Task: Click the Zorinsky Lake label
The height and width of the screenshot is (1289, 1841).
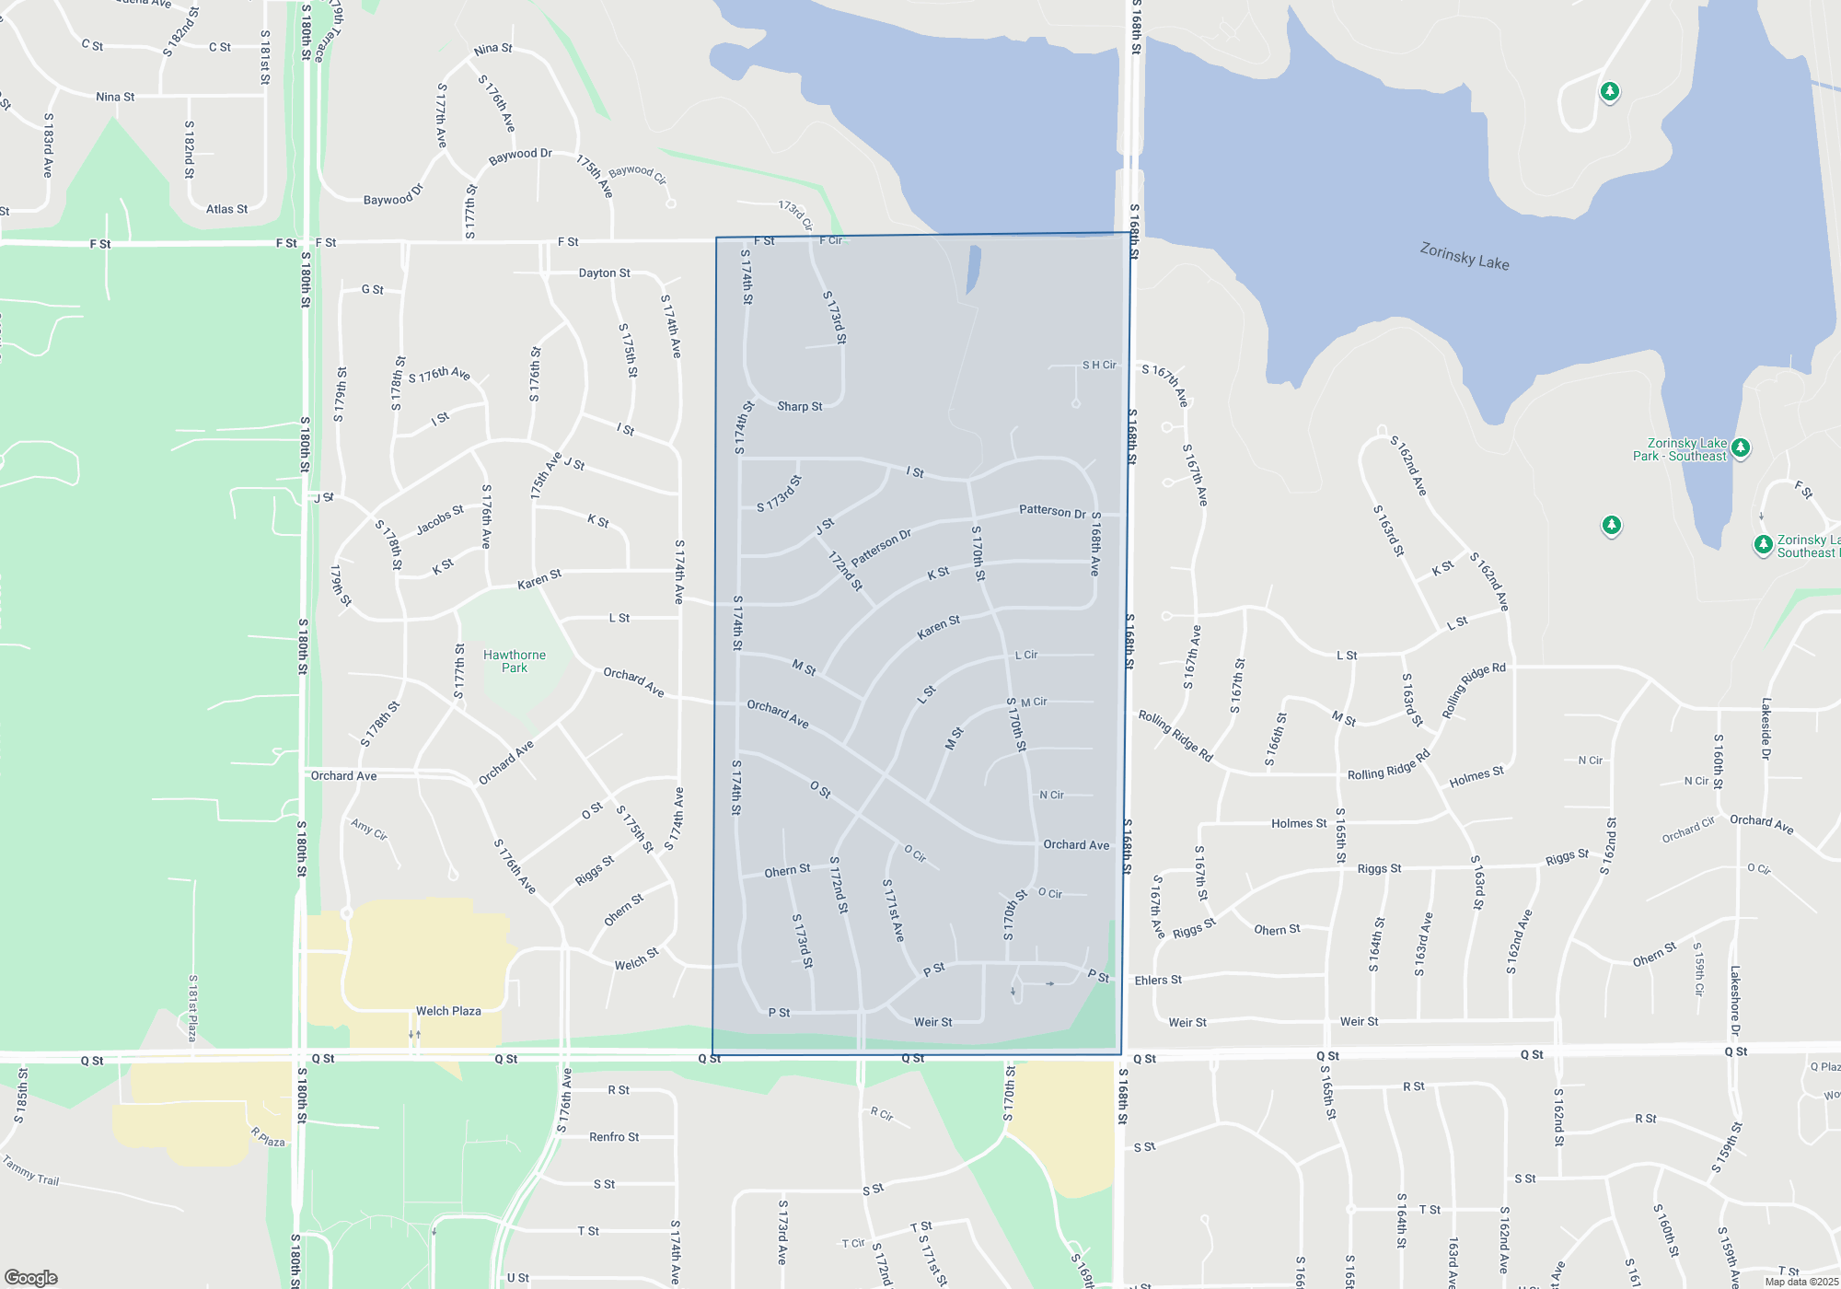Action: point(1464,256)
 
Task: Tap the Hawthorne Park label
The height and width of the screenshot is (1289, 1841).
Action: point(515,661)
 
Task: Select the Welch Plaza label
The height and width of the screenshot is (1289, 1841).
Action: point(448,1011)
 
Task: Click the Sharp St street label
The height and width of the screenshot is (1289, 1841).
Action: point(799,406)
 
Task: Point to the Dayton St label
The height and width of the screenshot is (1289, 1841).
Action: point(604,273)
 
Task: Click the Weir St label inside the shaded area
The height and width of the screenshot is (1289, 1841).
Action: point(932,1022)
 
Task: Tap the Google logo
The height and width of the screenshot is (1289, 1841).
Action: point(30,1278)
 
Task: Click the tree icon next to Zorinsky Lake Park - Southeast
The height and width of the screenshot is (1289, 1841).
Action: point(1740,448)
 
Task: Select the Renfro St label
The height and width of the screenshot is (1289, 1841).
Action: point(614,1137)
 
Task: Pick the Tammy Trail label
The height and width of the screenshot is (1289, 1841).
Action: point(30,1170)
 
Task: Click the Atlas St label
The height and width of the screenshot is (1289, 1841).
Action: point(226,209)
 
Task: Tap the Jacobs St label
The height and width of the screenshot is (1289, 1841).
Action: point(440,520)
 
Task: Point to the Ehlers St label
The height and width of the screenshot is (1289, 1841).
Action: point(1158,981)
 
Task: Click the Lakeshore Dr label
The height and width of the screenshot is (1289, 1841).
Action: point(1735,1001)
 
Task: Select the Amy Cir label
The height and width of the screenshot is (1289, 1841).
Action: point(368,829)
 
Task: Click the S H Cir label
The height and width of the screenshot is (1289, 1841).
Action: point(1099,366)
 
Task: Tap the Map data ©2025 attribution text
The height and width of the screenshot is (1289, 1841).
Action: point(1800,1282)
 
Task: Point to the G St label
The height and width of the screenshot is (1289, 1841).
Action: point(372,289)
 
